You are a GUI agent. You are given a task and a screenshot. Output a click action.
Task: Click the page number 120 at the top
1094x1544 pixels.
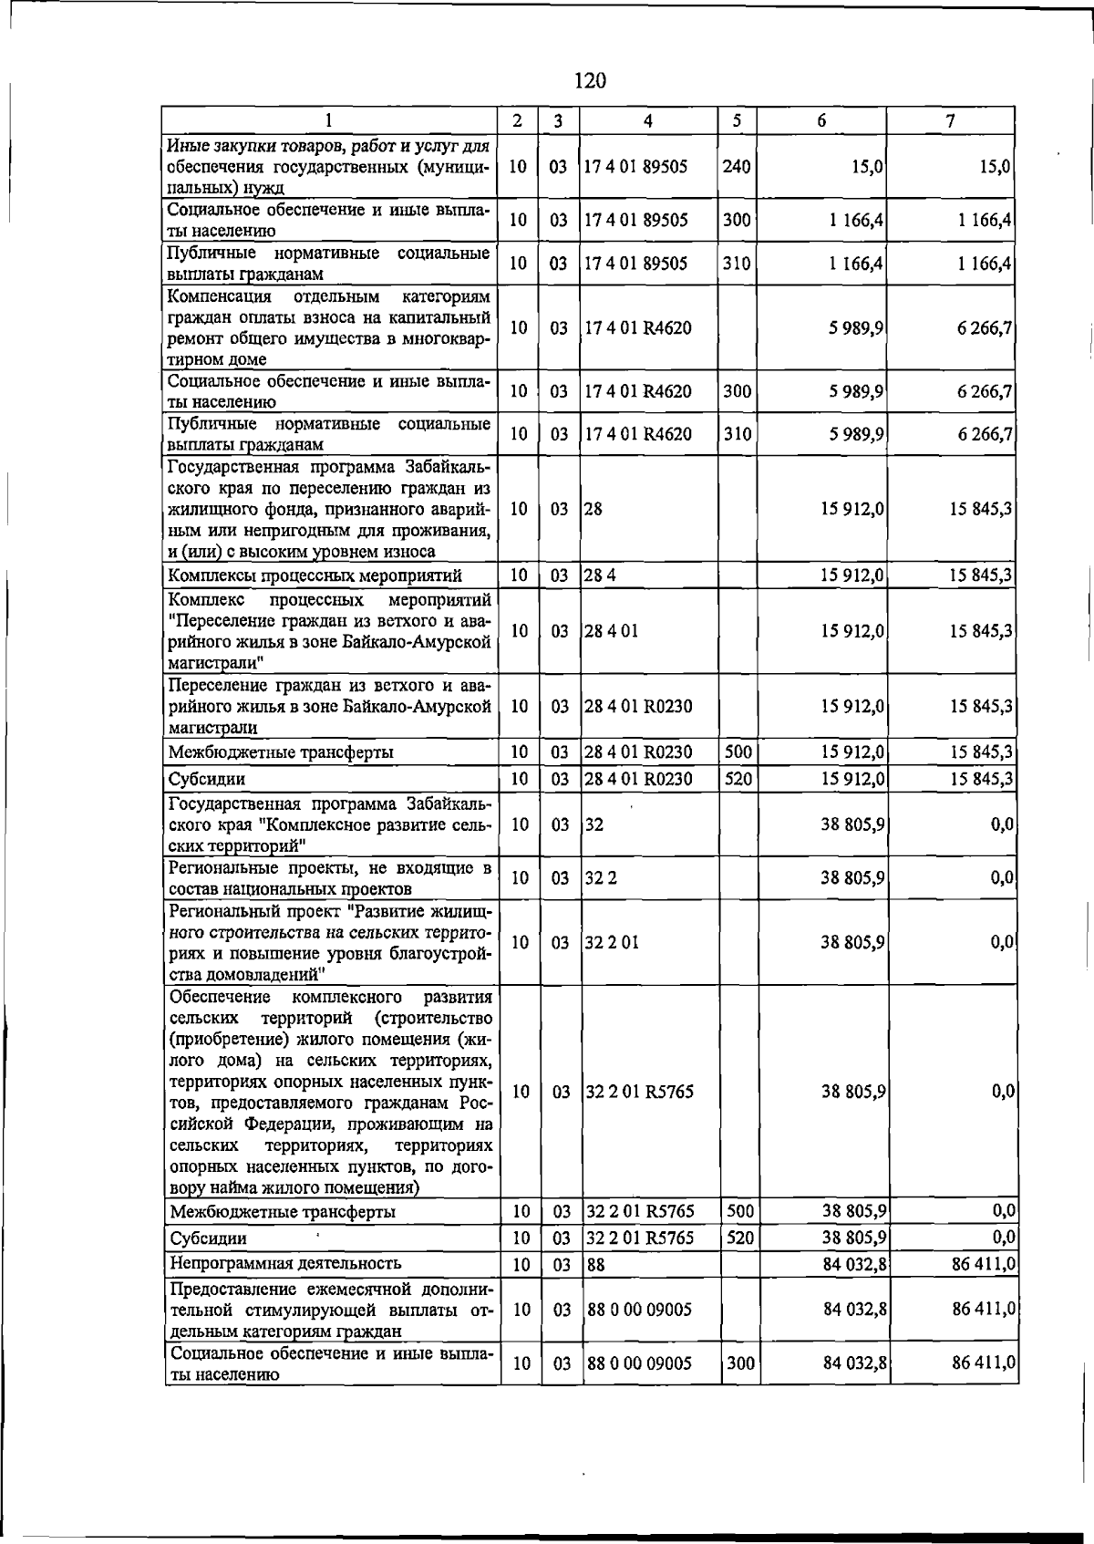[590, 81]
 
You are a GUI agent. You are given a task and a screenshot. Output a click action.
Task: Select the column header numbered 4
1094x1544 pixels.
[647, 120]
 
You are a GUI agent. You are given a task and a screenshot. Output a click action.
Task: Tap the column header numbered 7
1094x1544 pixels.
[950, 120]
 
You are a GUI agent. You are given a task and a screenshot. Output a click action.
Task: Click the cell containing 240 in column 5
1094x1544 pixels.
[736, 167]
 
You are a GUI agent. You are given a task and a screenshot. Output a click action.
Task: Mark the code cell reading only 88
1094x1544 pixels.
[596, 1265]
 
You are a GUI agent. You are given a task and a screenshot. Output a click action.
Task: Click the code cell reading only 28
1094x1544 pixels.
[593, 509]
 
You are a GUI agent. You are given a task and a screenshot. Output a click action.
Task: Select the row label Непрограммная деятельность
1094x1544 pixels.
[285, 1263]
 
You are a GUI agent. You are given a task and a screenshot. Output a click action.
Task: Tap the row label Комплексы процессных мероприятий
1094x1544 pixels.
[315, 575]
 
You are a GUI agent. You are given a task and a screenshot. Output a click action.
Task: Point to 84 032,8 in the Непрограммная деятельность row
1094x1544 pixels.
[854, 1265]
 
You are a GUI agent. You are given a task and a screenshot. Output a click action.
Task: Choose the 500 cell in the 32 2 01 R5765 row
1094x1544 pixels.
[739, 1211]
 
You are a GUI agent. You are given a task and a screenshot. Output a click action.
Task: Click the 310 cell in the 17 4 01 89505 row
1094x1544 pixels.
[737, 264]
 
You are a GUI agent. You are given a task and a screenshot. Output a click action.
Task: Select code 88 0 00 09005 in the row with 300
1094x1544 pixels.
[639, 1363]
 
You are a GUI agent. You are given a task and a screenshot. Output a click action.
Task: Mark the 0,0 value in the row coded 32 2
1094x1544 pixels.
[1003, 878]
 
